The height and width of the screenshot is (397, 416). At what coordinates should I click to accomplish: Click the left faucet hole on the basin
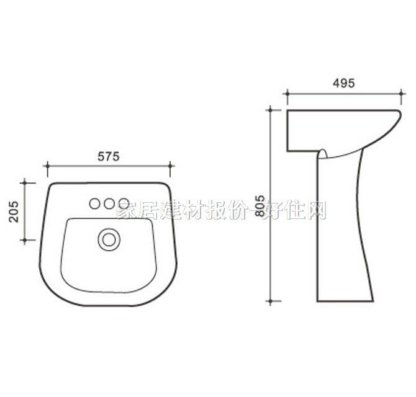[x=96, y=203]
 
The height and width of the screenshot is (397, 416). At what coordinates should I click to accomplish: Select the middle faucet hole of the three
[x=109, y=203]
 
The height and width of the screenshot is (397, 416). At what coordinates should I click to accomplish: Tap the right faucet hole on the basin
[x=124, y=203]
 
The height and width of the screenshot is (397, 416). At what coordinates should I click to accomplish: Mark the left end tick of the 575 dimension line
[x=47, y=166]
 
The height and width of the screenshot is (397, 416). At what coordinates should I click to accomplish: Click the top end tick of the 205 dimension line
[x=25, y=183]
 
